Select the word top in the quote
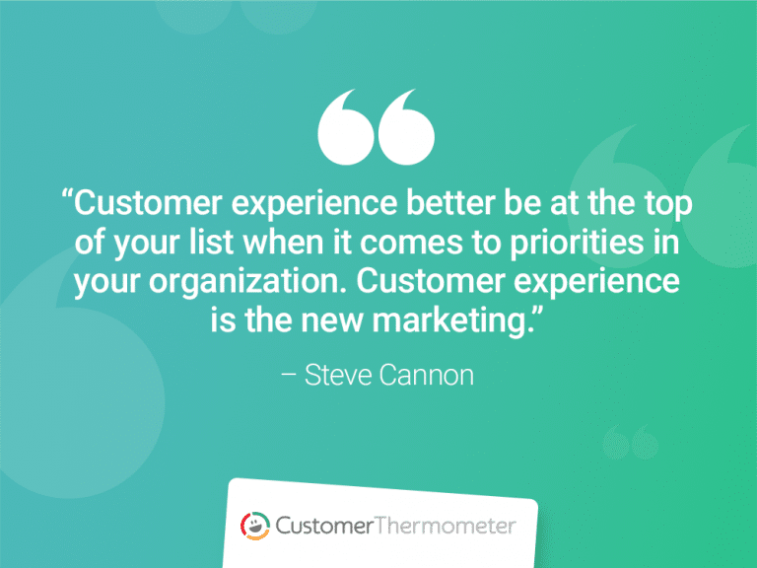[x=669, y=207]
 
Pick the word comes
[x=455, y=244]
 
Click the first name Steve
[x=340, y=376]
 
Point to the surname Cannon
[x=428, y=376]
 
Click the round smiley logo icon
[x=255, y=525]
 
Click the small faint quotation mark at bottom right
[x=630, y=444]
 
